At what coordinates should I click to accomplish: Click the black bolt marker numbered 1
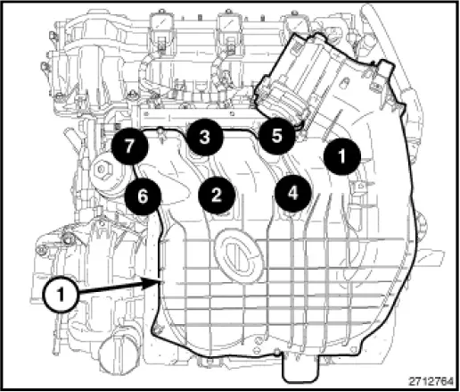[x=340, y=155]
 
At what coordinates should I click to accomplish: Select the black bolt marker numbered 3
[x=204, y=138]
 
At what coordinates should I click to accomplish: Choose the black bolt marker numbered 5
[x=276, y=137]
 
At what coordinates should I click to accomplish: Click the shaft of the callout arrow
[x=111, y=288]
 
